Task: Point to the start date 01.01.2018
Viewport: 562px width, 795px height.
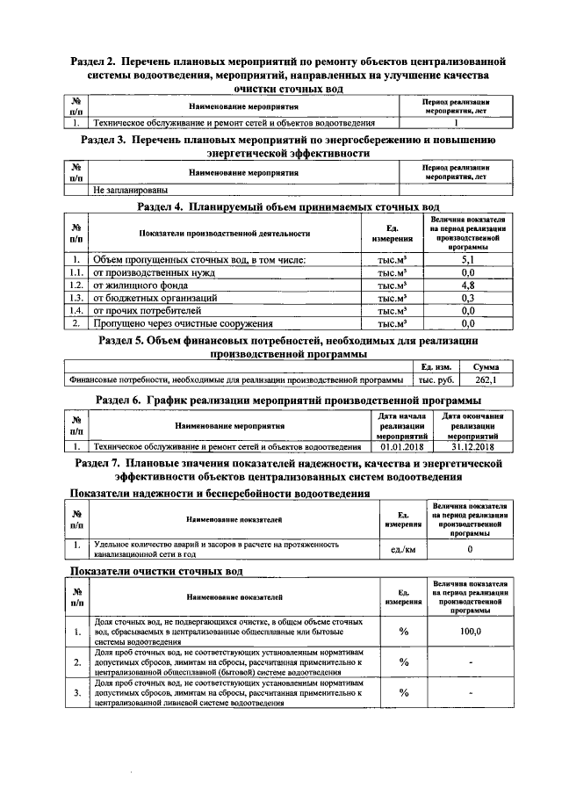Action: pyautogui.click(x=402, y=446)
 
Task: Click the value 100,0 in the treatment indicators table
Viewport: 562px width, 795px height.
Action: pyautogui.click(x=472, y=632)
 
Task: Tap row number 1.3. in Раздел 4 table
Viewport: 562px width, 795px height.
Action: pyautogui.click(x=76, y=298)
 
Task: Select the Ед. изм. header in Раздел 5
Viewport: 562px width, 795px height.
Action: pyautogui.click(x=436, y=366)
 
